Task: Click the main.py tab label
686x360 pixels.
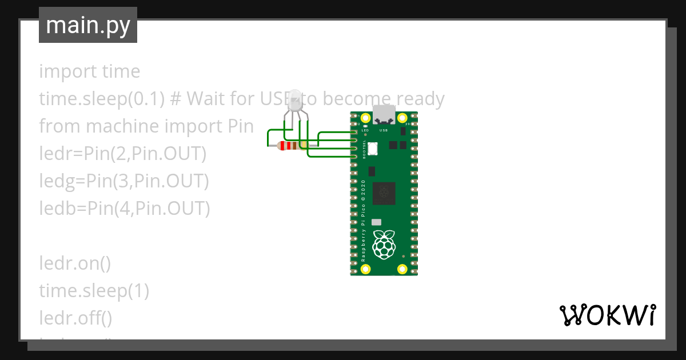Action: coord(88,26)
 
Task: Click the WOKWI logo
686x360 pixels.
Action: coord(607,315)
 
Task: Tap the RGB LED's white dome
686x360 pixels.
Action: coord(295,99)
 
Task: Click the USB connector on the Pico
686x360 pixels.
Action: coord(384,115)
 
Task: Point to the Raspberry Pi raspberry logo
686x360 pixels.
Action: coord(384,244)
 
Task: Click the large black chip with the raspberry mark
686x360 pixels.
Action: coord(384,194)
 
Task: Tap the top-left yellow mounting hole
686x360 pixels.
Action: coord(365,118)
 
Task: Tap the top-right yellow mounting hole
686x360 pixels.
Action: coord(402,118)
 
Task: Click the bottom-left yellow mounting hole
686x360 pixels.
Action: coord(365,269)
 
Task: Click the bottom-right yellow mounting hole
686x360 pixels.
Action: coord(402,269)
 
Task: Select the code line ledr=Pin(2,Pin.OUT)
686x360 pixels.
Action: coord(122,154)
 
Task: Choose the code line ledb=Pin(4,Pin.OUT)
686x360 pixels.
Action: coord(125,209)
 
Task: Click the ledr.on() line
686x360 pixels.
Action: coord(75,263)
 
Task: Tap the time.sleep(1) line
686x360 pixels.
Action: coord(94,291)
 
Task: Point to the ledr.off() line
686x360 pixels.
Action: coord(75,318)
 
